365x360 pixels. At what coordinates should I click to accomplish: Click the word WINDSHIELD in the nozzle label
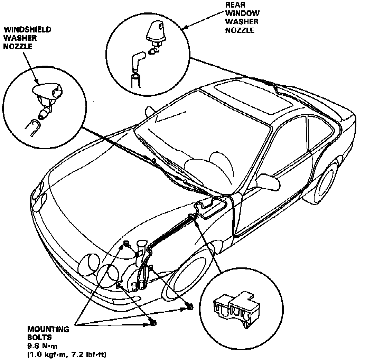coord(27,30)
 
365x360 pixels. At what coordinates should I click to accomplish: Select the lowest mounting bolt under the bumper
coord(153,323)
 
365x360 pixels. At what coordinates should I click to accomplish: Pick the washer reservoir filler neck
coord(141,247)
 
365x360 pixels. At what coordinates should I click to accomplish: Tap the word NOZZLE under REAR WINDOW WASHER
coord(240,30)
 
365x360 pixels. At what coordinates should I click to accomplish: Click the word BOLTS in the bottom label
coord(39,338)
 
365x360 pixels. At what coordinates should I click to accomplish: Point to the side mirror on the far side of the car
coord(150,111)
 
